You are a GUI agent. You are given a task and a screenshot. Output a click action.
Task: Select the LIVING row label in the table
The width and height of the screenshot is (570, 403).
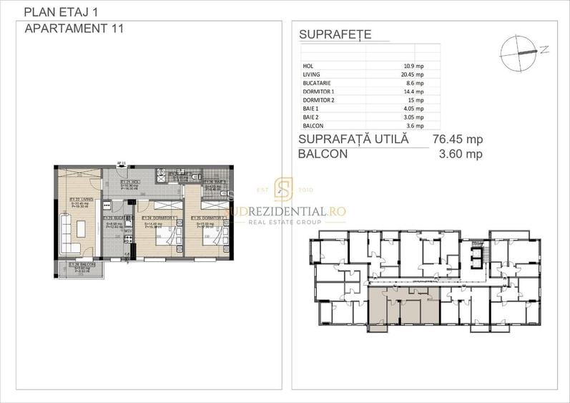313,74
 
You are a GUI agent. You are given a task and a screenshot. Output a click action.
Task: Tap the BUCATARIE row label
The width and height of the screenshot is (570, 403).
318,83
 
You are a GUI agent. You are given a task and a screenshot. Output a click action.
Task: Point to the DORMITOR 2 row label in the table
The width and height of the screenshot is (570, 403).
319,100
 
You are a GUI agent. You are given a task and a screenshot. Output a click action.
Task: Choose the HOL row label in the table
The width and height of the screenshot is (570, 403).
308,66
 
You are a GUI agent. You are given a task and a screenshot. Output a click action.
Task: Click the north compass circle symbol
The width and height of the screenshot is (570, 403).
519,52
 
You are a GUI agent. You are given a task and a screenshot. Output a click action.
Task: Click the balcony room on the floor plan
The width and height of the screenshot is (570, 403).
79,269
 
